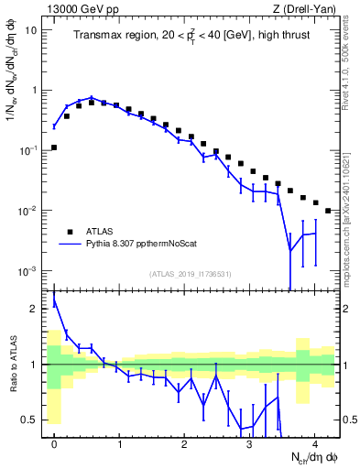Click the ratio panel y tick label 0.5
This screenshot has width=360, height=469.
pyautogui.click(x=33, y=420)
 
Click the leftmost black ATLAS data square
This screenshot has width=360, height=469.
pyautogui.click(x=54, y=147)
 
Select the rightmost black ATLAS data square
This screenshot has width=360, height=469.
pyautogui.click(x=328, y=211)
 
